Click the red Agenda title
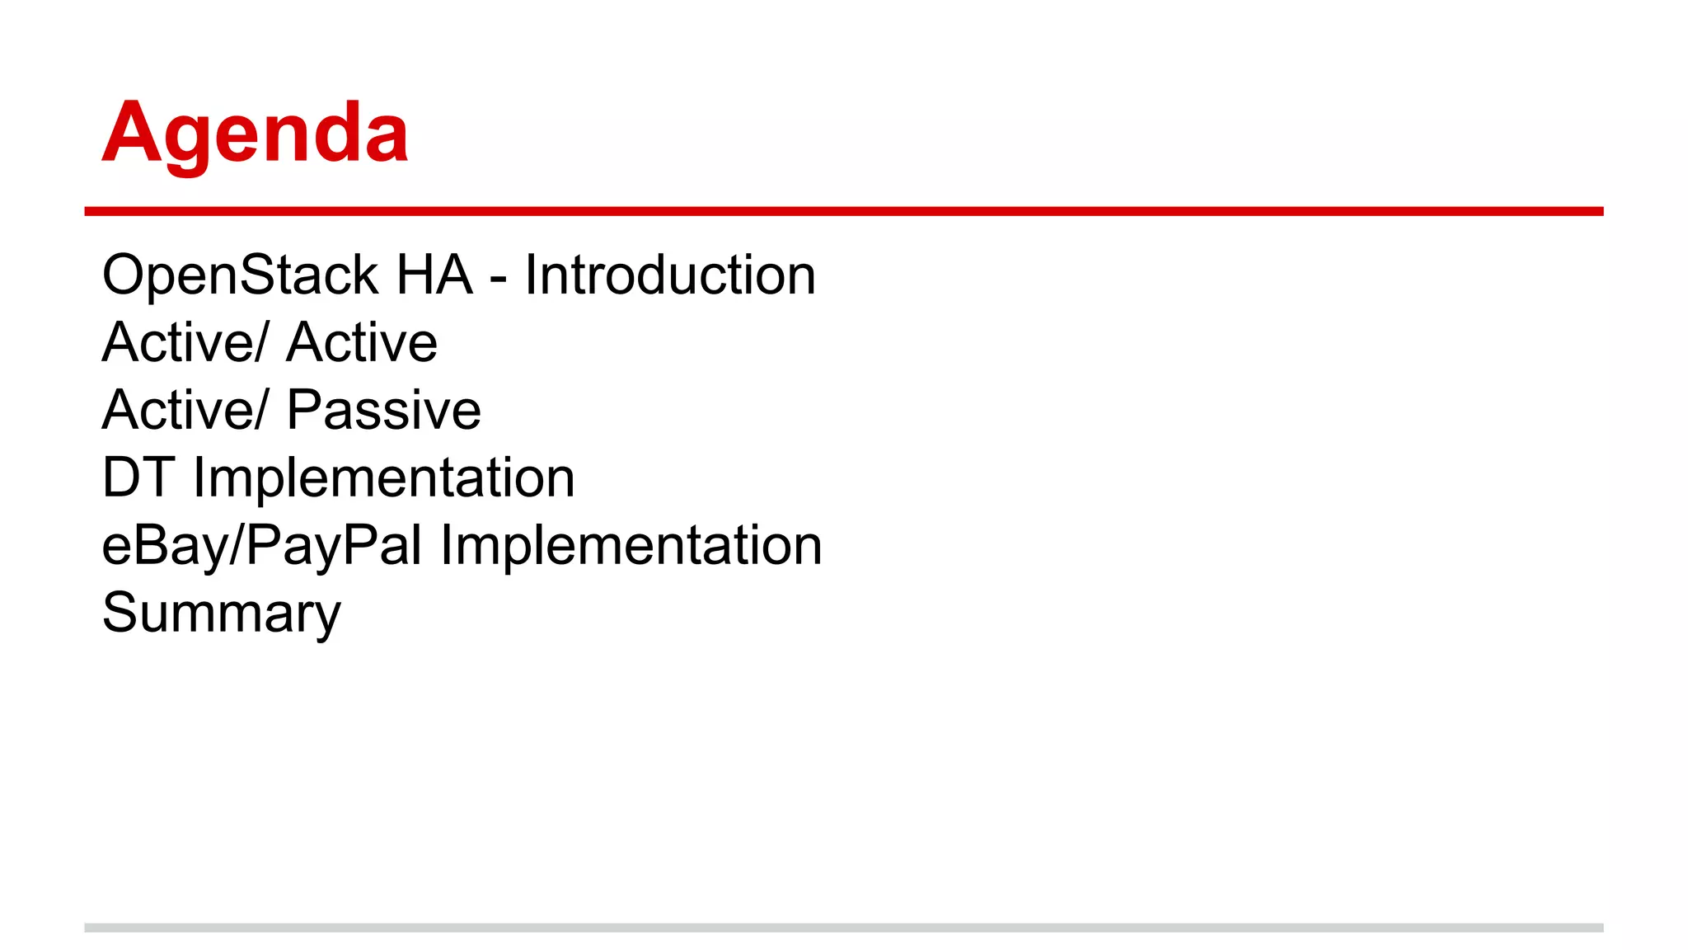pos(255,133)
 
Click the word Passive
pos(383,410)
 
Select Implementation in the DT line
pos(383,477)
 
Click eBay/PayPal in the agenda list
pos(262,545)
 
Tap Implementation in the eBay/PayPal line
pos(631,545)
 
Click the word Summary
pos(221,614)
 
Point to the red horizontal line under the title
pos(843,212)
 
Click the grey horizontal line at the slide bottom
pos(843,928)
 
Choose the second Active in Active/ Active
pos(362,342)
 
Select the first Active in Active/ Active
pos(178,342)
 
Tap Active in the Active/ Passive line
pos(178,410)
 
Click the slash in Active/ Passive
pos(262,410)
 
